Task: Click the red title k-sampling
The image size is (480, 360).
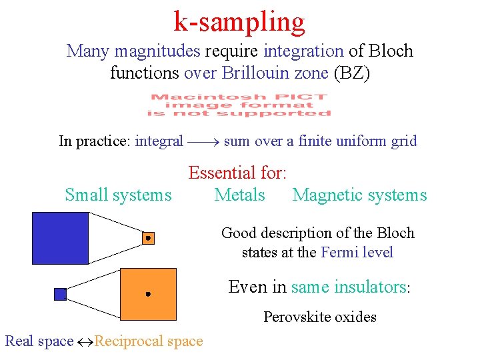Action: coord(239,22)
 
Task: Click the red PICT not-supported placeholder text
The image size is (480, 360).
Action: coord(239,105)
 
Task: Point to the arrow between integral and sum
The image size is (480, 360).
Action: coord(203,141)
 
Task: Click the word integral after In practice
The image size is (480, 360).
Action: coord(159,141)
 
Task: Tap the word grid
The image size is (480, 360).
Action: coord(404,141)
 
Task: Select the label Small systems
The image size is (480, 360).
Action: coord(118,195)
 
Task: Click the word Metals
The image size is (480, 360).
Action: coord(239,195)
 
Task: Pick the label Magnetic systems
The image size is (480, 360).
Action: coord(359,195)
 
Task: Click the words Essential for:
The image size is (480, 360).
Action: coord(237,173)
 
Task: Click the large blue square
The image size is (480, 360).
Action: coord(60,238)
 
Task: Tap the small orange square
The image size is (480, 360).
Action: coord(148,238)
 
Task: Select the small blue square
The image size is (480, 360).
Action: coord(60,294)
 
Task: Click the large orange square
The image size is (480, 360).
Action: coord(148,294)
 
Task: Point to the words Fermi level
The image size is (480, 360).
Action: coord(357,253)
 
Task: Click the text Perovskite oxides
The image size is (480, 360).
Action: coord(319,317)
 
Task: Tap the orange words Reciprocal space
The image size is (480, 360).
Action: coord(149,341)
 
